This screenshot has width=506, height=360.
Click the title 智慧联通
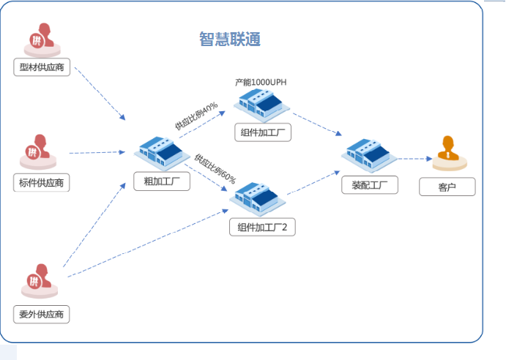pos(230,39)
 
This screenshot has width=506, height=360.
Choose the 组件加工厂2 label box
pos(262,228)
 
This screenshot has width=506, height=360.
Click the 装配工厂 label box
pos(370,185)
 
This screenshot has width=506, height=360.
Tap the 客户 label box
pos(447,187)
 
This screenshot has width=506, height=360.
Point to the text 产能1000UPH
pos(261,82)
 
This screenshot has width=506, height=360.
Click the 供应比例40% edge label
pos(196,117)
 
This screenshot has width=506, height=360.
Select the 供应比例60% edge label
pos(215,168)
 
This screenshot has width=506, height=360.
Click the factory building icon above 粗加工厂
pos(161,150)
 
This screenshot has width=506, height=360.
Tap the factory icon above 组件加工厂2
pos(257,196)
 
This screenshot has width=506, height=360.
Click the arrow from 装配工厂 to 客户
pos(414,158)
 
